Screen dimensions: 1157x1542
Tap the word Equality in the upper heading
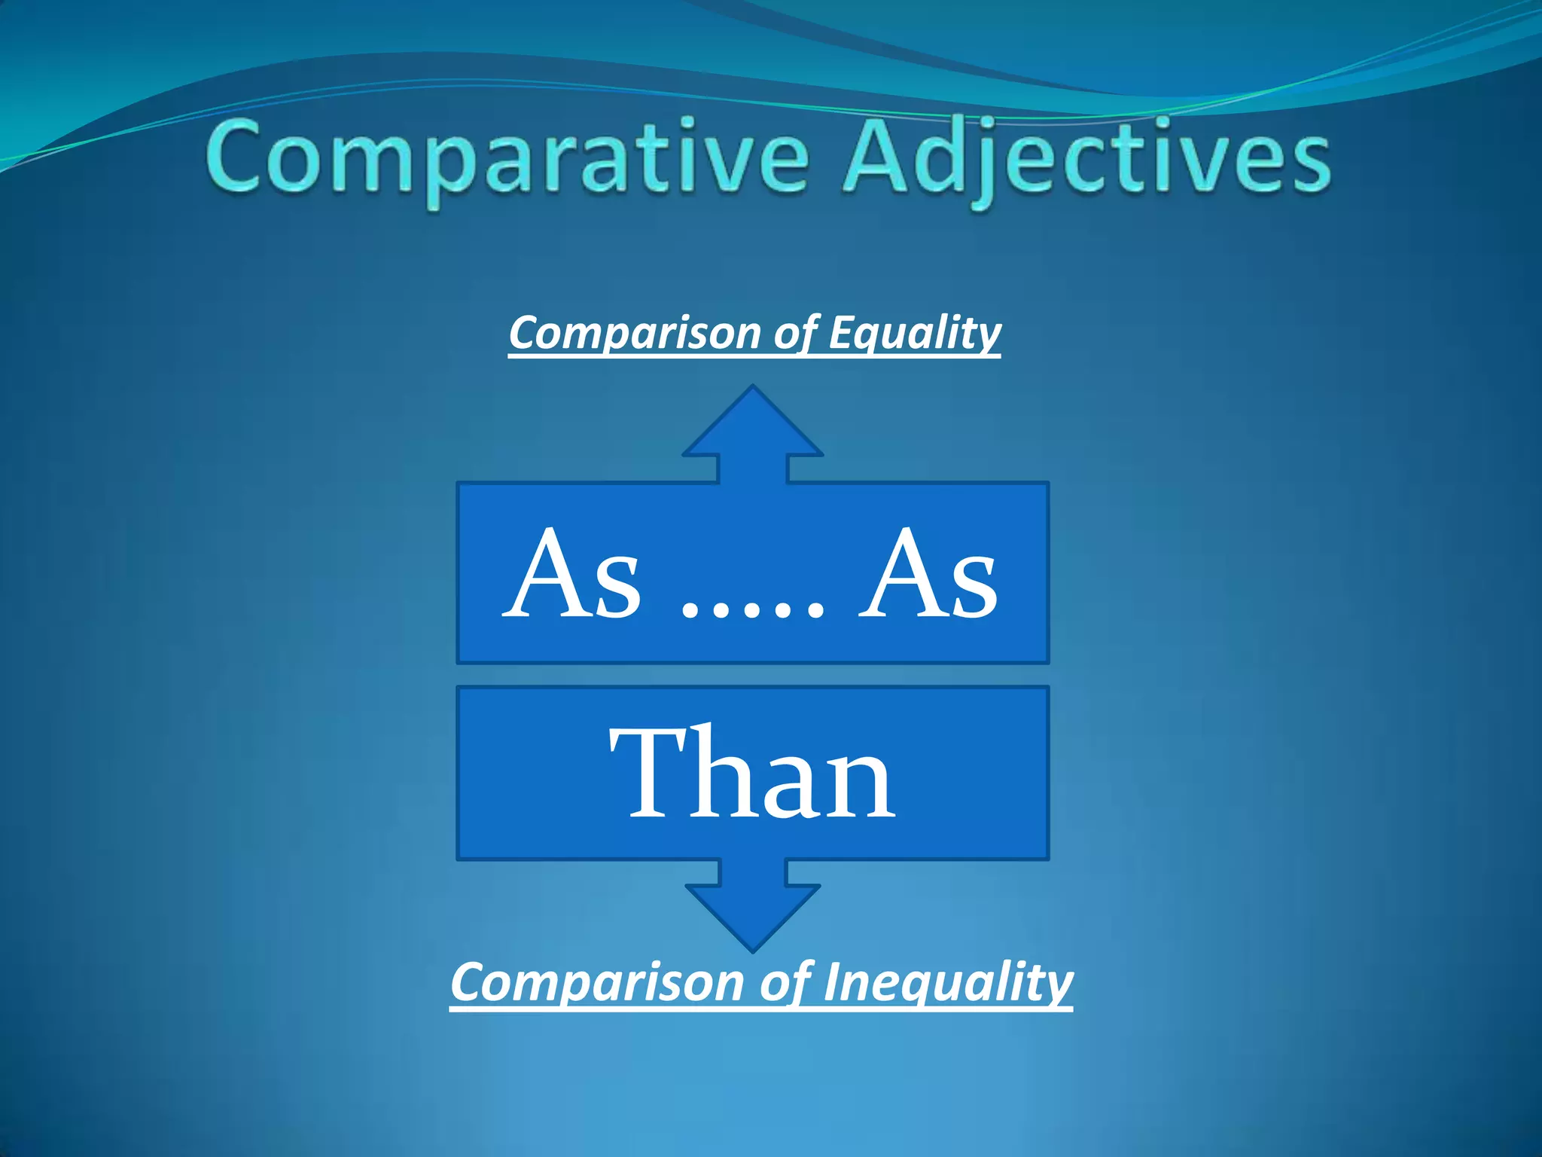tap(914, 333)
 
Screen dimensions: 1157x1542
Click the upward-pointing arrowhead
tap(753, 426)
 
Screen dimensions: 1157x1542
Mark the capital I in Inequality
tap(831, 983)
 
